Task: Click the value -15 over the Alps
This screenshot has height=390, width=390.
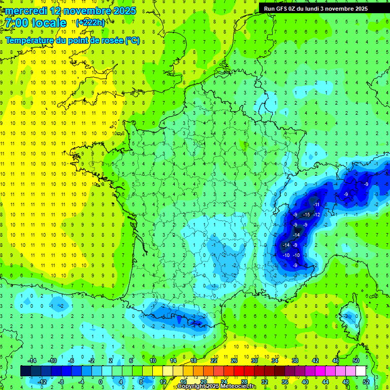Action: tap(306, 214)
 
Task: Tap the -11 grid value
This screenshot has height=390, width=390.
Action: tap(316, 204)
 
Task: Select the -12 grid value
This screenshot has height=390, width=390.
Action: tap(316, 214)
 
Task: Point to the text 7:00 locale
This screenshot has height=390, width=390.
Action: tap(36, 23)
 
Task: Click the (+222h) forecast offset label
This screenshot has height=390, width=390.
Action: tap(90, 22)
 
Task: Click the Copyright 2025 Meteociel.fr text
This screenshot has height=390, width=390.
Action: tap(216, 386)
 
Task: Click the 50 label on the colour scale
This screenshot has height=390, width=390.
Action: tap(356, 361)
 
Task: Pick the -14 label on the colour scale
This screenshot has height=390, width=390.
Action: tap(33, 361)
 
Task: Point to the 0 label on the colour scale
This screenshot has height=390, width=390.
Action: tap(100, 381)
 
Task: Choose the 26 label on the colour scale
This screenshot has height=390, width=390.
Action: tap(234, 361)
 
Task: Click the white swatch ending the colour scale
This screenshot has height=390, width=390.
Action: tap(361, 371)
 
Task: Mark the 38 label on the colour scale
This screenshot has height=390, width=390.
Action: tap(295, 361)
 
